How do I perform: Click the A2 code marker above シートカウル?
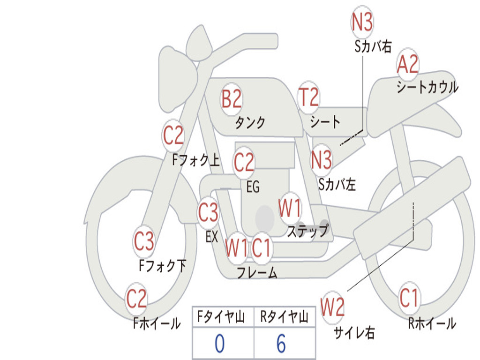coord(407,65)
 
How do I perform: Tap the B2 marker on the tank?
coord(232,99)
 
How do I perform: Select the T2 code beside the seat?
coord(308,97)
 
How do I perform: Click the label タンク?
coord(250,123)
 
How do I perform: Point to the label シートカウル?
coord(427,88)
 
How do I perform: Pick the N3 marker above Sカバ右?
coord(362,22)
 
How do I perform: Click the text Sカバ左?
coord(337,184)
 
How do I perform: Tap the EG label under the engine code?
coord(253,187)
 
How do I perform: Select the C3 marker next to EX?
coord(208,213)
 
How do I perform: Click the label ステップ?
coord(307,231)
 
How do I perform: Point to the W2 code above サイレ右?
coord(332,307)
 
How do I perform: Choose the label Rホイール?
coord(432,323)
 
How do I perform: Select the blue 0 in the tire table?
coord(219,344)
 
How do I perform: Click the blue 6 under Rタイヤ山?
coord(281,344)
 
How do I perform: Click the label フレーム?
coord(256,273)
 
